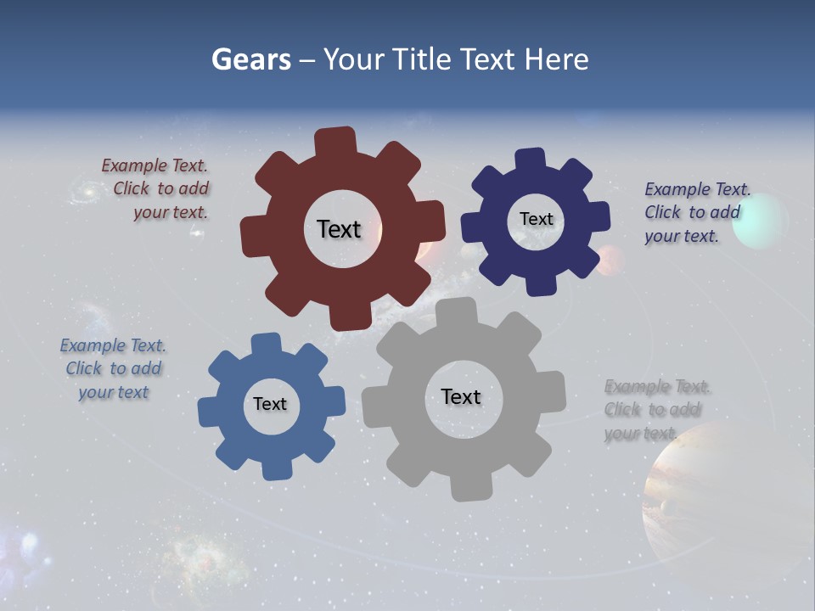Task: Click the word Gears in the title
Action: tap(250, 59)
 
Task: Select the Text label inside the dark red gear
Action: tap(339, 229)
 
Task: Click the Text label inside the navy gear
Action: tap(536, 219)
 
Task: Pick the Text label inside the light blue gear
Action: tap(270, 405)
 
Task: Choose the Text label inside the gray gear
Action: tap(461, 397)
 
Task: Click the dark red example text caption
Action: tap(156, 189)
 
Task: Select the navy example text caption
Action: tap(696, 212)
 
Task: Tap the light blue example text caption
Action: tap(113, 369)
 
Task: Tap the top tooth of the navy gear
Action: tap(531, 159)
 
